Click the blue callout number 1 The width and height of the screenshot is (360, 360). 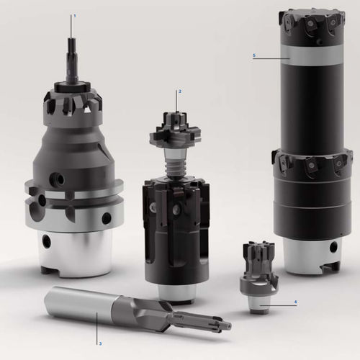(75, 16)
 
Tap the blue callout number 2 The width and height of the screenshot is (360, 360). (180, 91)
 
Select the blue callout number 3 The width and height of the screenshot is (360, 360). (100, 343)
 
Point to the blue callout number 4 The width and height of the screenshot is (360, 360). (296, 302)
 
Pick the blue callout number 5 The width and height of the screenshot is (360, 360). (254, 55)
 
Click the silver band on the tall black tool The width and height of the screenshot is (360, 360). (312, 55)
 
